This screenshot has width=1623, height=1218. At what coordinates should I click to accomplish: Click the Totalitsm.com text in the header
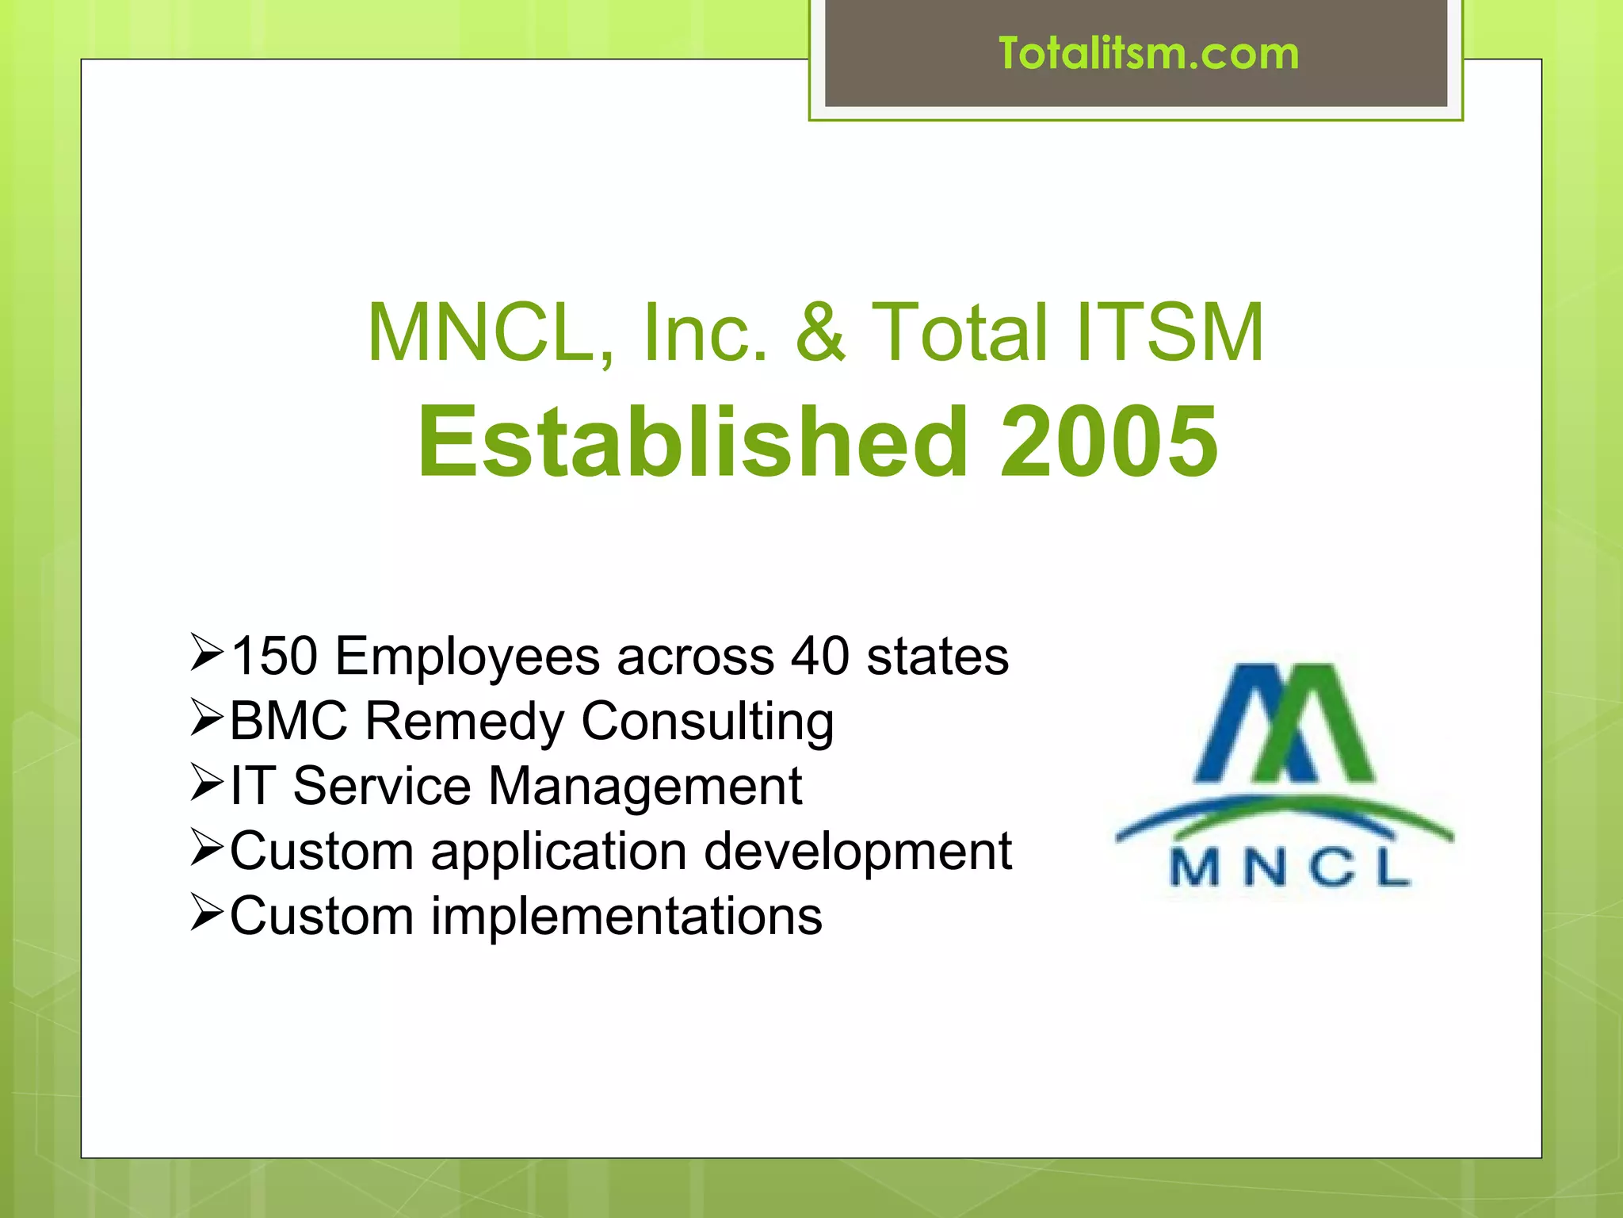pos(1148,54)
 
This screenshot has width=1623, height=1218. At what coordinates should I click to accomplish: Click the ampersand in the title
pos(820,333)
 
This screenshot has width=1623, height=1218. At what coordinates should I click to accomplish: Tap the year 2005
pos(1109,442)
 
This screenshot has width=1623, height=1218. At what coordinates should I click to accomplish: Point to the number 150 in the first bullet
pos(274,657)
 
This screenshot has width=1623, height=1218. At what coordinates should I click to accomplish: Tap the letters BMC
pos(288,721)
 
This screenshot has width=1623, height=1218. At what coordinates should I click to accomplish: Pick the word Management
pos(644,787)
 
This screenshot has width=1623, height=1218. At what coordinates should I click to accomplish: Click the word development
pos(857,852)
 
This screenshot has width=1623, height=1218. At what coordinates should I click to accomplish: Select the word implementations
pos(626,917)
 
